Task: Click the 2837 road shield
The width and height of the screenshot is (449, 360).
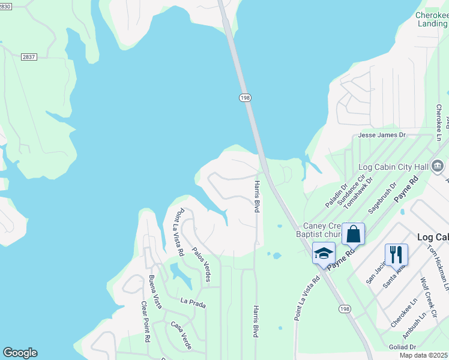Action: tap(28, 56)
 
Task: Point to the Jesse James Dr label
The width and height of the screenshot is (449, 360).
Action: tap(382, 136)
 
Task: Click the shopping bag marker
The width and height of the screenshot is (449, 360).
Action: tap(353, 233)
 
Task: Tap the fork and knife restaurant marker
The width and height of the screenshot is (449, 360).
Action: tap(396, 254)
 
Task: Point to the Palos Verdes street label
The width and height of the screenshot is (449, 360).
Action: tap(201, 263)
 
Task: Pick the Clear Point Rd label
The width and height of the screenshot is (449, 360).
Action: tap(145, 321)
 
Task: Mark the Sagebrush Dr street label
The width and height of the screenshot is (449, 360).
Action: tap(382, 199)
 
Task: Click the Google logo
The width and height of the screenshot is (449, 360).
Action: tap(20, 353)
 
